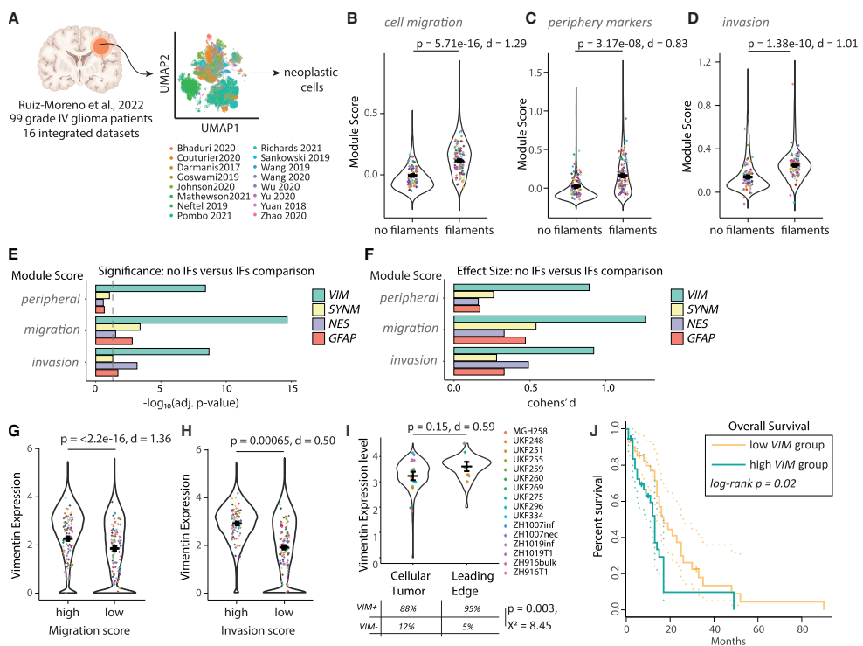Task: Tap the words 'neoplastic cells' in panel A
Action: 311,80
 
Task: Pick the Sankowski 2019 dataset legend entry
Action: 291,157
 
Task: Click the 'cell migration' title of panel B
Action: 424,22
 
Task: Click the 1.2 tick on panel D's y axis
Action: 705,62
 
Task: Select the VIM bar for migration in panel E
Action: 191,320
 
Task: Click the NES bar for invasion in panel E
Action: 116,365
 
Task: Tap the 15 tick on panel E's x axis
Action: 293,388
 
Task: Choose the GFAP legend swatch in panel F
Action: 677,338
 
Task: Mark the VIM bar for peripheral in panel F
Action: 521,288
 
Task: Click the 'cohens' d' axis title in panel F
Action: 551,403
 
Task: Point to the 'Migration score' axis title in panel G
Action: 89,630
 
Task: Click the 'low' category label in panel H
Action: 284,613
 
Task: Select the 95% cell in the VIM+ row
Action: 473,608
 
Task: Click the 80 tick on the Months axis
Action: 803,629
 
